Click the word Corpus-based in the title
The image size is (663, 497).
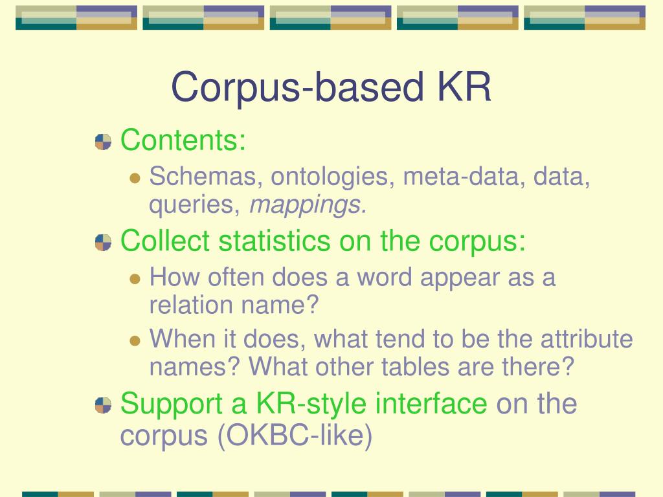289,88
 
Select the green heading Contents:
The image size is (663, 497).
183,140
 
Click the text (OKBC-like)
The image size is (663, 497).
295,436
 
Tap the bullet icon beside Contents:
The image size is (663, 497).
103,142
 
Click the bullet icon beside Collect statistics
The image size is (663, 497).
103,243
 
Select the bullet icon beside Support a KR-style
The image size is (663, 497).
103,405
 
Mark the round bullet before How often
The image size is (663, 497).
135,279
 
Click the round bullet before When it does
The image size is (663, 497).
135,340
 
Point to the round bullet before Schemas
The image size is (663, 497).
135,177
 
